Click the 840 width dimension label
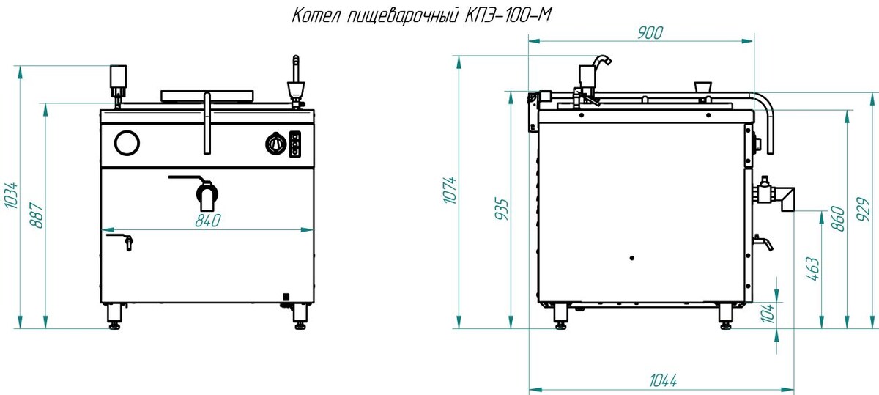click(208, 221)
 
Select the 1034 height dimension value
click(10, 195)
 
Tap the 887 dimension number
click(37, 215)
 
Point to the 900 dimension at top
click(650, 33)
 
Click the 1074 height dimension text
click(450, 191)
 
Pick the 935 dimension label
click(502, 210)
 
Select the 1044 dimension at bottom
click(663, 380)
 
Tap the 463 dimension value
click(812, 269)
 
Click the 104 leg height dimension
click(768, 313)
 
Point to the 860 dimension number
click(838, 218)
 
